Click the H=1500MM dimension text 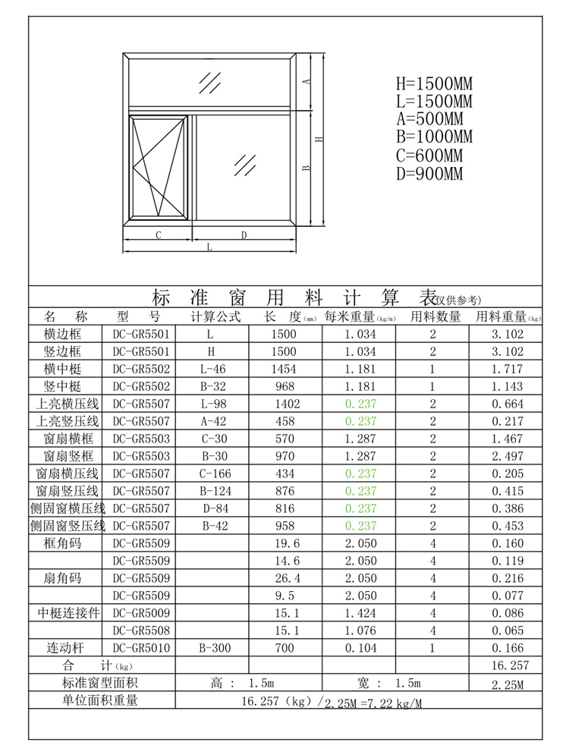coord(433,83)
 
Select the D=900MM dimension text coord(429,174)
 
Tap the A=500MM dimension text coord(429,119)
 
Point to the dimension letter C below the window coord(158,235)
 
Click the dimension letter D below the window coord(244,235)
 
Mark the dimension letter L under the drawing coord(209,247)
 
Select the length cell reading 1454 coord(284,369)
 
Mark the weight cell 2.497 coord(508,456)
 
